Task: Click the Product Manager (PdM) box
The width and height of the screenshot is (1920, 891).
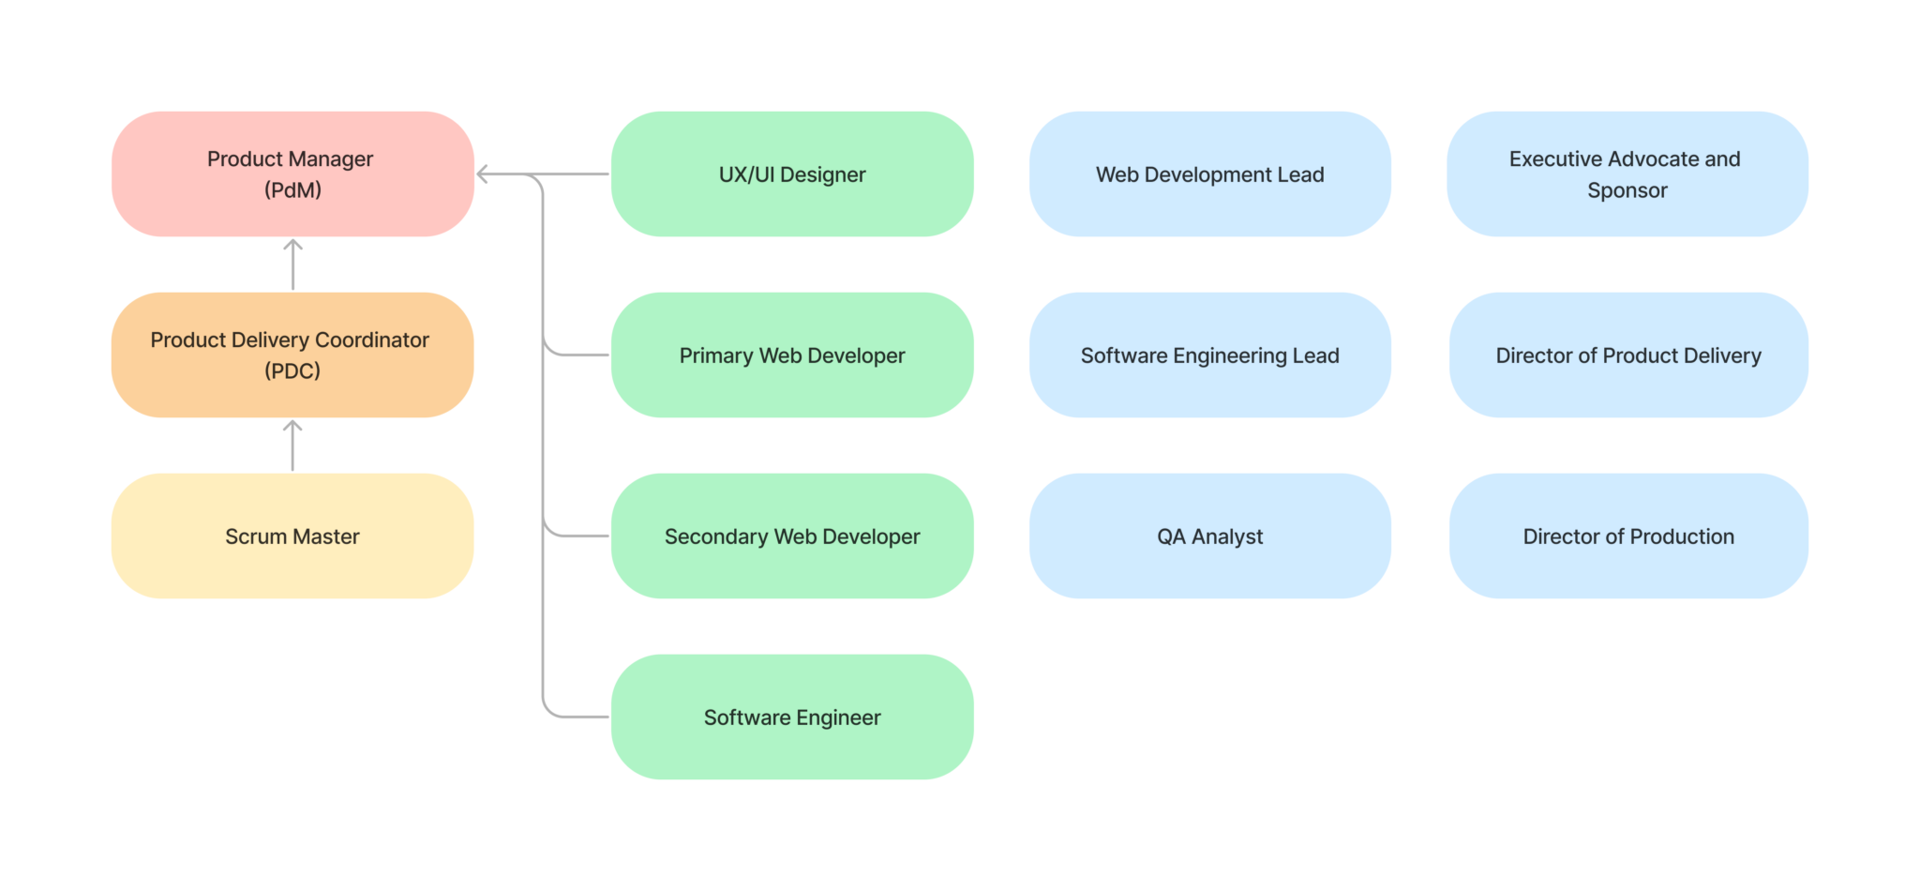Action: pyautogui.click(x=292, y=174)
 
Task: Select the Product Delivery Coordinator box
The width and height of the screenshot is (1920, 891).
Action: pyautogui.click(x=292, y=355)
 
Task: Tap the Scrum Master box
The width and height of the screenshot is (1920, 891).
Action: pyautogui.click(x=292, y=536)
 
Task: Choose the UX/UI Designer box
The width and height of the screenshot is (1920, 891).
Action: pyautogui.click(x=792, y=174)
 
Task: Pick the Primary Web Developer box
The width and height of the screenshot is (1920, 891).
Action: pyautogui.click(x=792, y=355)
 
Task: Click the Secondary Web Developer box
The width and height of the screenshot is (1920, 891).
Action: pyautogui.click(x=792, y=536)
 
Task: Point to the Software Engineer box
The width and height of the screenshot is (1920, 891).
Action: pyautogui.click(x=792, y=717)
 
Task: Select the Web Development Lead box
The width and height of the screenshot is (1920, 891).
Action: pyautogui.click(x=1209, y=174)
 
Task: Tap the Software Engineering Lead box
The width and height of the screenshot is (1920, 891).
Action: pyautogui.click(x=1209, y=355)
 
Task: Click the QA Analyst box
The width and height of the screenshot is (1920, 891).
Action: pyautogui.click(x=1209, y=536)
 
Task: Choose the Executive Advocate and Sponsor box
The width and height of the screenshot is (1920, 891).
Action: pyautogui.click(x=1627, y=174)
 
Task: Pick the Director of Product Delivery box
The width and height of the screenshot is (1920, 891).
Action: pyautogui.click(x=1628, y=355)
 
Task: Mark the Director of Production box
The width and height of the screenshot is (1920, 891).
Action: pyautogui.click(x=1628, y=536)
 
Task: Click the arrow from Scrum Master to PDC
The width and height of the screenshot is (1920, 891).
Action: pyautogui.click(x=292, y=446)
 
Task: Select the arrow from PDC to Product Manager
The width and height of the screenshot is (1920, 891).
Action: pyautogui.click(x=292, y=265)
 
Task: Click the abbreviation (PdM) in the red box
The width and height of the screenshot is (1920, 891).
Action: pyautogui.click(x=292, y=190)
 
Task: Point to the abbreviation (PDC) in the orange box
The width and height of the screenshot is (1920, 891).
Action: pyautogui.click(x=292, y=371)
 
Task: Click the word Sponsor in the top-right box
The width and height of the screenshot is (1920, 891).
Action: pyautogui.click(x=1627, y=190)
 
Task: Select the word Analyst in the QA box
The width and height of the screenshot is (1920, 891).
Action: pyautogui.click(x=1227, y=536)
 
